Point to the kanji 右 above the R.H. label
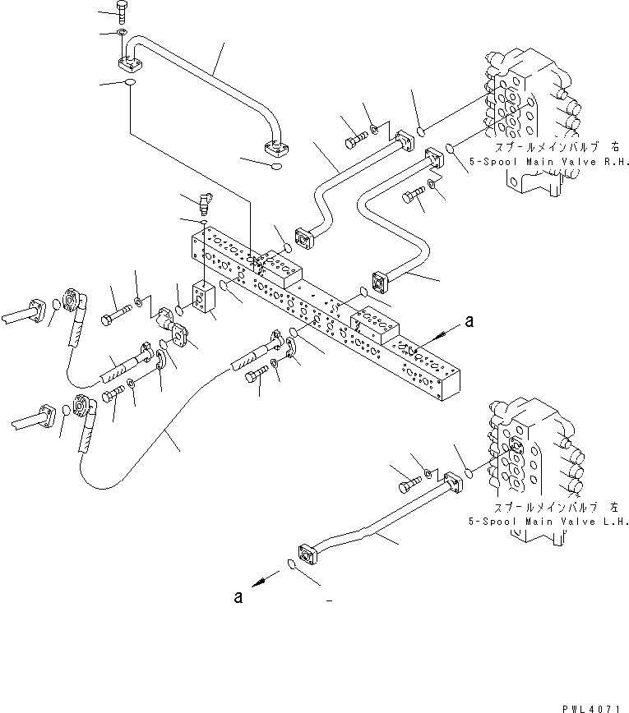[x=614, y=148]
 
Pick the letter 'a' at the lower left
[x=238, y=597]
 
